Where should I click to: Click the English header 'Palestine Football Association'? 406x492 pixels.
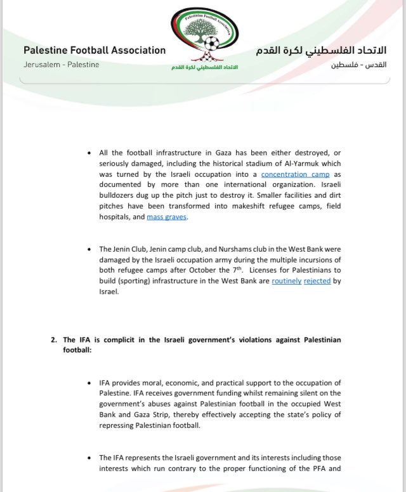point(95,50)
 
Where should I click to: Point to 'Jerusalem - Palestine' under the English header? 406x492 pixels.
point(61,65)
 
